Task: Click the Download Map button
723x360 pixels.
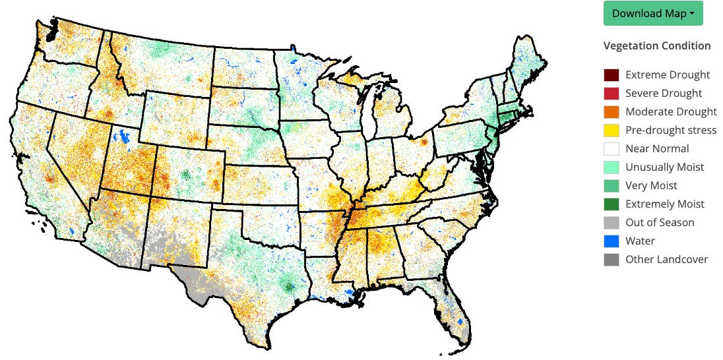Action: click(x=652, y=13)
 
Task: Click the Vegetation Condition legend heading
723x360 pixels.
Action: click(x=656, y=45)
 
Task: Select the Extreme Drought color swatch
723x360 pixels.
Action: click(x=612, y=75)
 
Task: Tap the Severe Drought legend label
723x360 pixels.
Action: click(x=664, y=94)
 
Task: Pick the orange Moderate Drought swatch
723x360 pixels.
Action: click(x=612, y=112)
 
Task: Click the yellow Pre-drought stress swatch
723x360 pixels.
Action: click(x=612, y=131)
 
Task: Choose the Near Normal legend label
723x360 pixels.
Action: click(x=657, y=149)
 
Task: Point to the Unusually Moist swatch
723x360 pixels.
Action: click(x=612, y=167)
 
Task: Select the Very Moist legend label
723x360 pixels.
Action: click(x=651, y=186)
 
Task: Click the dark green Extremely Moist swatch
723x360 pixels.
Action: click(x=612, y=204)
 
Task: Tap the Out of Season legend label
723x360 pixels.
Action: click(x=660, y=223)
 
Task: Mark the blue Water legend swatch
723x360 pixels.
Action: click(x=612, y=241)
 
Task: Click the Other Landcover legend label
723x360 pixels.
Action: click(x=666, y=260)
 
